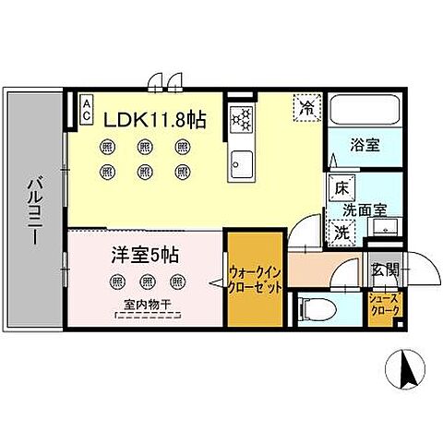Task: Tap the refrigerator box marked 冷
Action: coord(305,106)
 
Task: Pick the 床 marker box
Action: coord(340,188)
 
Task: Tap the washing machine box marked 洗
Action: coord(340,231)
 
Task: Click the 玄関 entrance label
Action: coord(385,269)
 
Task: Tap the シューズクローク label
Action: coord(385,305)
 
